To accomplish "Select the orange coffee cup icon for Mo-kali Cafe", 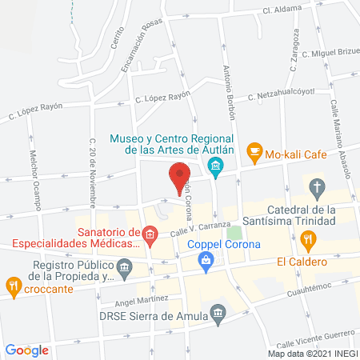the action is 254,150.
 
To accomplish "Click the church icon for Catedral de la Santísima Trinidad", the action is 317,190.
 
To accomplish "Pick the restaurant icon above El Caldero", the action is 307,238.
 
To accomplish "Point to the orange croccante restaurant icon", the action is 14,285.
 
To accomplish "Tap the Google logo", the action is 27,350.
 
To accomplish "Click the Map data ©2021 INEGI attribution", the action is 311,353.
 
